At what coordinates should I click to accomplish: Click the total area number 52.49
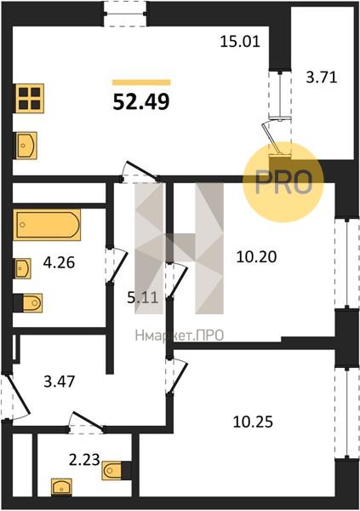[141, 101]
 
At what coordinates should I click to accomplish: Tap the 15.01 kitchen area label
[240, 42]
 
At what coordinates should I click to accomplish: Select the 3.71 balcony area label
[321, 78]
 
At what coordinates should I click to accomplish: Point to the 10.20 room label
[256, 257]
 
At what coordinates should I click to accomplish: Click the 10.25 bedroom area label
[253, 422]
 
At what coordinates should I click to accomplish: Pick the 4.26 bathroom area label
[59, 262]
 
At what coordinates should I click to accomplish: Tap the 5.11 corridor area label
[143, 297]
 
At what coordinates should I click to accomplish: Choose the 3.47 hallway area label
[60, 382]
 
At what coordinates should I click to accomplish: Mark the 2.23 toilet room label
[84, 460]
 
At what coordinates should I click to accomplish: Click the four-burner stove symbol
[29, 99]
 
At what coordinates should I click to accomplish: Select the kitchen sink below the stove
[25, 146]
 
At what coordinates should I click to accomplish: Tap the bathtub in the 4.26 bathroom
[47, 225]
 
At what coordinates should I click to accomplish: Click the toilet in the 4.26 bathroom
[28, 303]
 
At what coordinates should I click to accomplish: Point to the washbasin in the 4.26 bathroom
[22, 268]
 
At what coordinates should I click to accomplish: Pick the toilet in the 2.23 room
[117, 471]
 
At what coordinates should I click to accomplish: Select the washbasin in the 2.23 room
[61, 487]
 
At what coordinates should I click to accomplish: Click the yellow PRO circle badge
[283, 182]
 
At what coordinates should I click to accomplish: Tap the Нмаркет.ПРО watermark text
[180, 335]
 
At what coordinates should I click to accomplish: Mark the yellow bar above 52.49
[141, 83]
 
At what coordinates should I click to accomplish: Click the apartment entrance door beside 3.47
[16, 397]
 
